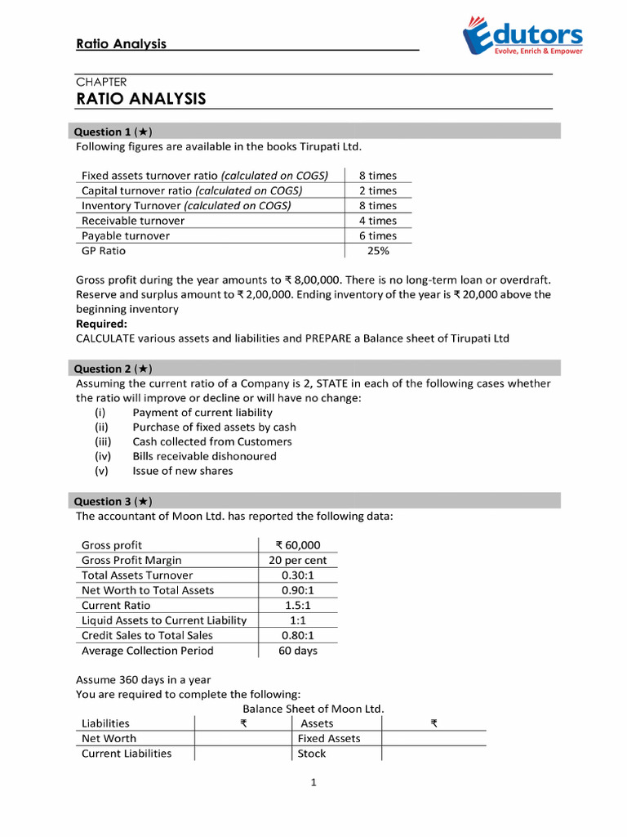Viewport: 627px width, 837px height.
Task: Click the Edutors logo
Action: [x=522, y=38]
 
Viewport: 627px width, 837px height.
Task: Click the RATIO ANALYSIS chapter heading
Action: [x=141, y=99]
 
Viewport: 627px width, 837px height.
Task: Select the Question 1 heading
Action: [x=113, y=132]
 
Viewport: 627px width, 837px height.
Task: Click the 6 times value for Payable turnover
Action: [x=378, y=235]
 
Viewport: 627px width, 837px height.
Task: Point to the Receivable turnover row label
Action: [x=133, y=221]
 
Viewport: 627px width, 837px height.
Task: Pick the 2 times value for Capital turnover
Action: [x=378, y=190]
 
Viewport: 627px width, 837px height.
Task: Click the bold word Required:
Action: [x=101, y=324]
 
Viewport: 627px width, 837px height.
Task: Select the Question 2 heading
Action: [x=113, y=369]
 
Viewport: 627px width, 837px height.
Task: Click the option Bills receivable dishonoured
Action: [x=204, y=456]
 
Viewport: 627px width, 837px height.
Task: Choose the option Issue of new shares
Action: [x=182, y=471]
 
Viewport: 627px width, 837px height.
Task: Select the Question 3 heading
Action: [x=113, y=501]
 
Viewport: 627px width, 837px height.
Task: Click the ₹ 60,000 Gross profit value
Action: [x=298, y=545]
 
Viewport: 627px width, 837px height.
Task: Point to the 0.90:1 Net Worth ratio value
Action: [x=298, y=590]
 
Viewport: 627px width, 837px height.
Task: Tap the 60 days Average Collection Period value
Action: [x=298, y=651]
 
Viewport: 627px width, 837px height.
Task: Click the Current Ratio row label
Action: [x=116, y=606]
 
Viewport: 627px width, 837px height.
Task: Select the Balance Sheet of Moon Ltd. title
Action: [x=313, y=709]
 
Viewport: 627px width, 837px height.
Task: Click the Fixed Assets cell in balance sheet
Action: [x=330, y=738]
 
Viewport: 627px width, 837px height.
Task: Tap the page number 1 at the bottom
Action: [x=313, y=782]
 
